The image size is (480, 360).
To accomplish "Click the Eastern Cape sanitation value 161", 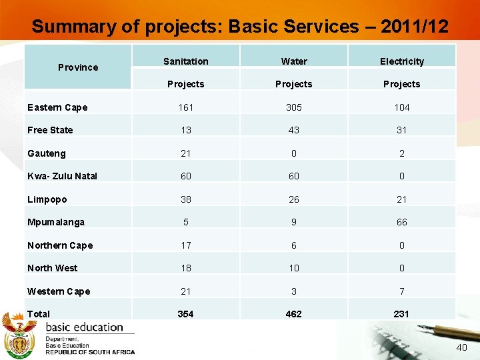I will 185,107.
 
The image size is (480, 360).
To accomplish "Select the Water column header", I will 294,61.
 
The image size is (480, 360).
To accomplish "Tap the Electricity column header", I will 402,61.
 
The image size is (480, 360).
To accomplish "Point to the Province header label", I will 78,67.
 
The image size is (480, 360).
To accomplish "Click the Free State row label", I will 50,130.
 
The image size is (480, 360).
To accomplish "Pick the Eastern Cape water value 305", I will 294,107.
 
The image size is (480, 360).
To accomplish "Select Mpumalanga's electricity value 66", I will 402,222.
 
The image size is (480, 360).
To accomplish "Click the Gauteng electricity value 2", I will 402,153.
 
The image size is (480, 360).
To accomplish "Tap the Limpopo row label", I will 47,199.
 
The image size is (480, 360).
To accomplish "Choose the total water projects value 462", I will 294,314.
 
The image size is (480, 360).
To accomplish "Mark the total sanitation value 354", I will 185,314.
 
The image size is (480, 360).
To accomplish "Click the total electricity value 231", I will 402,314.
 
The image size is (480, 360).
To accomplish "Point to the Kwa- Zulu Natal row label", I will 62,176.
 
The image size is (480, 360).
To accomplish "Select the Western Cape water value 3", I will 294,291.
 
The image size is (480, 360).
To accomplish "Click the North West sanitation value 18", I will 185,268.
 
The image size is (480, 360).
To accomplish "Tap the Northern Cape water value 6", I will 294,245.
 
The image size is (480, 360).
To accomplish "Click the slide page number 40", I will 461,348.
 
